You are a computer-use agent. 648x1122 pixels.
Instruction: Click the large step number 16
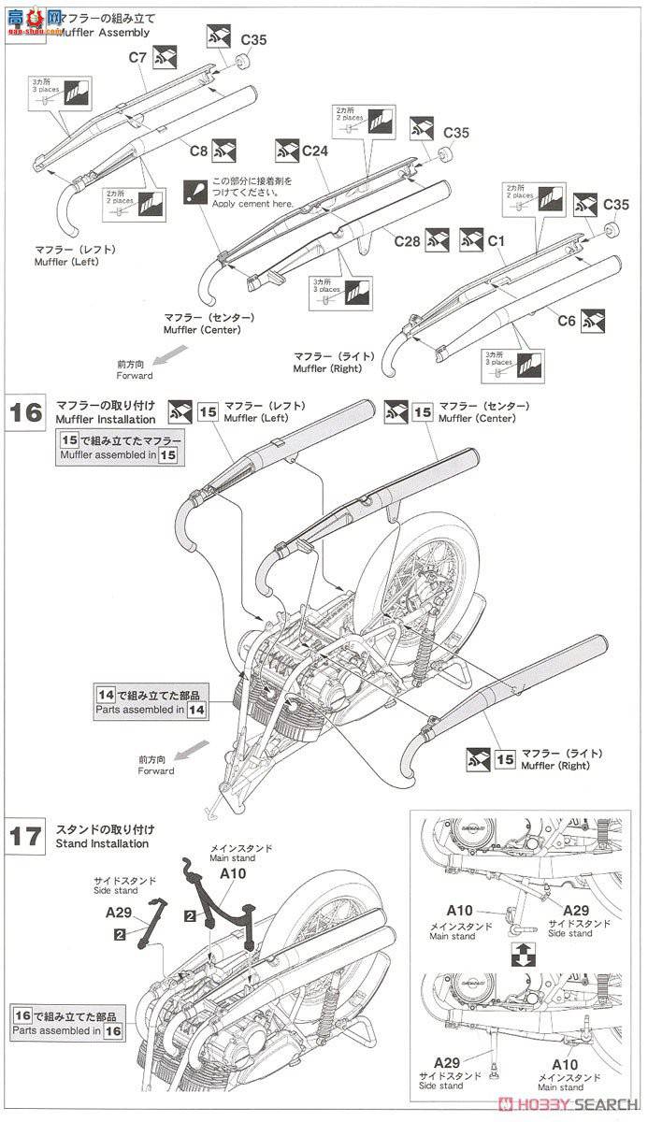(27, 412)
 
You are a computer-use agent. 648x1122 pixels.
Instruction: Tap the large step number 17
(27, 835)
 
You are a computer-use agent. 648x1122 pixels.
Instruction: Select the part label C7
(138, 58)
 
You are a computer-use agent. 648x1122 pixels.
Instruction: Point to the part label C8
(198, 149)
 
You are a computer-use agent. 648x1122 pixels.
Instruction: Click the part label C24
(314, 149)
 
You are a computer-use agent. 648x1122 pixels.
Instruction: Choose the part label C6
(567, 321)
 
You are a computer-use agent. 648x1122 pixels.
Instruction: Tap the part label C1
(496, 241)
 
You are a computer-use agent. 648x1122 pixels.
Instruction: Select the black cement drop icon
(195, 192)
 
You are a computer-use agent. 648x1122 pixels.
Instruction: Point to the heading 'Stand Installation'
(102, 843)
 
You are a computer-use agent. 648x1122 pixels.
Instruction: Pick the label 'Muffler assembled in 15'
(118, 455)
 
